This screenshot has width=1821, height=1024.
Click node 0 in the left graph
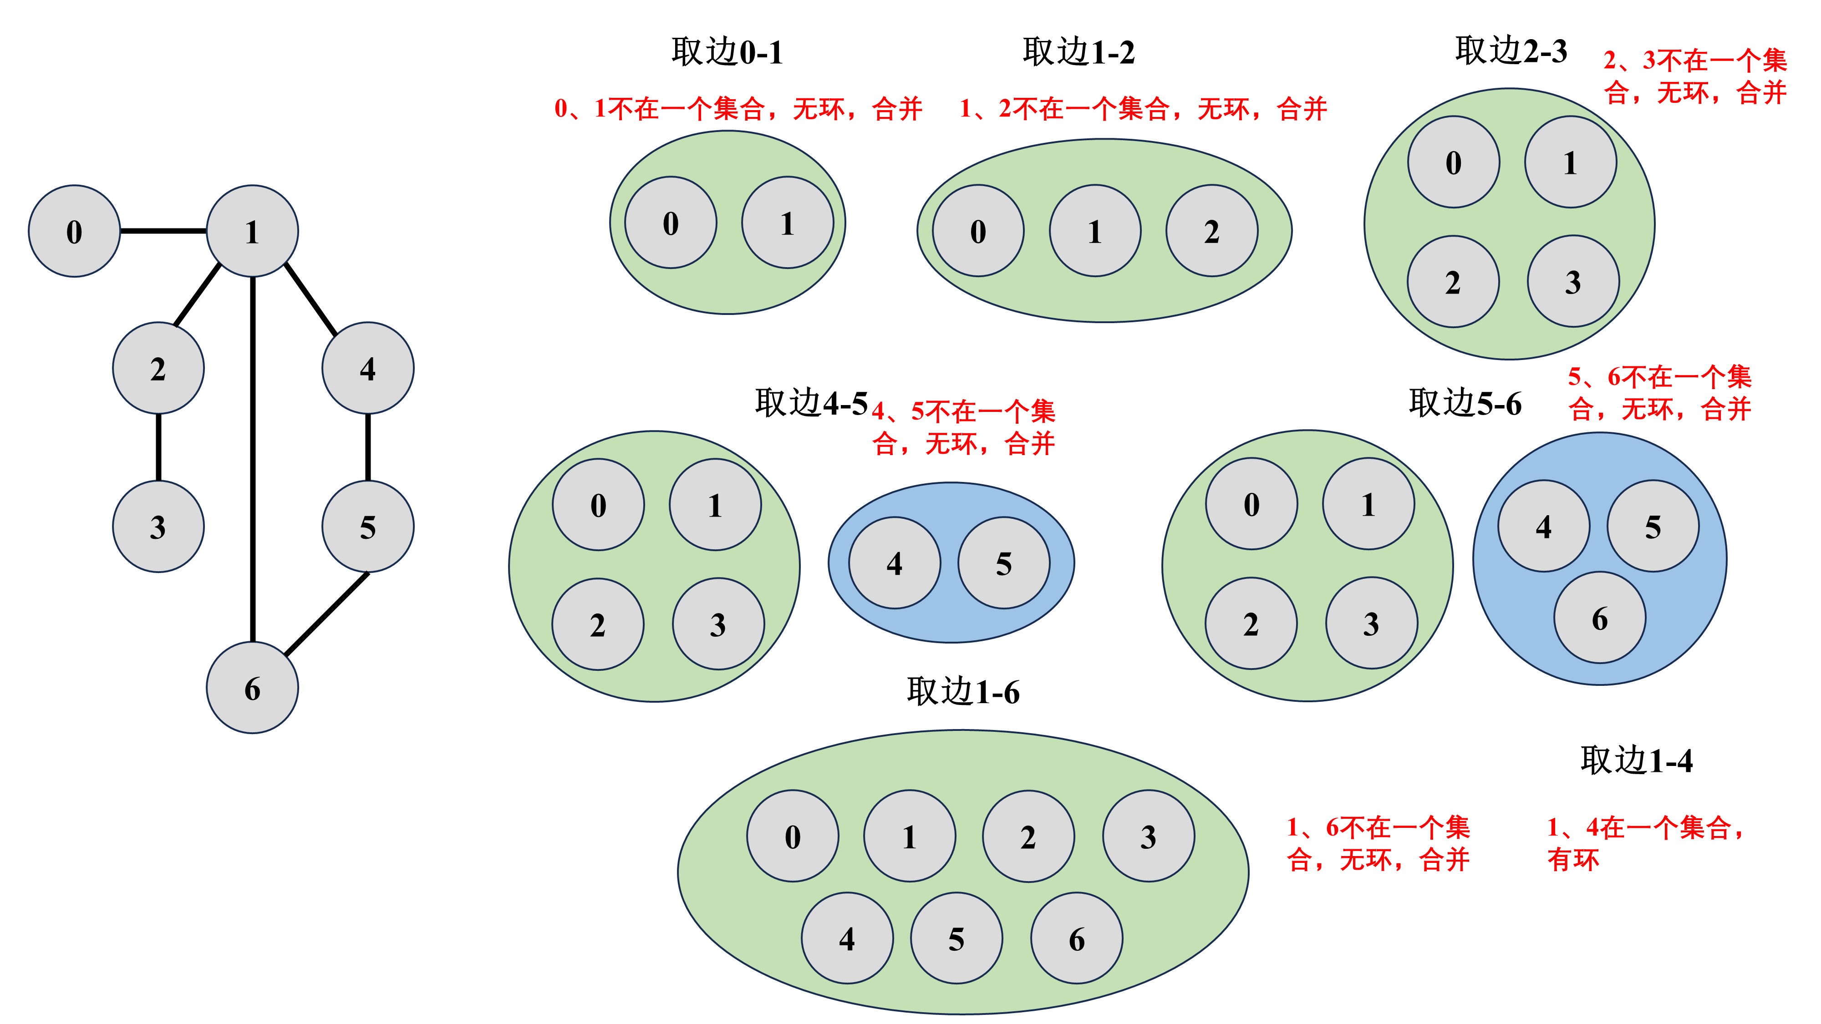[x=74, y=231]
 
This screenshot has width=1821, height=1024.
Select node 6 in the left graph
[x=252, y=688]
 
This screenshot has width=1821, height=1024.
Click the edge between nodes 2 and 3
[x=158, y=447]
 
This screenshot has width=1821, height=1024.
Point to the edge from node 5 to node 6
[x=326, y=613]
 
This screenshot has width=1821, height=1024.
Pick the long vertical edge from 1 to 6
[x=252, y=459]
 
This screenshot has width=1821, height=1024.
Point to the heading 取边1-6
[x=963, y=691]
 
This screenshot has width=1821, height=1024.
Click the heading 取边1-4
[x=1637, y=760]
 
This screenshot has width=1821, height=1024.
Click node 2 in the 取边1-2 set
[x=1211, y=231]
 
